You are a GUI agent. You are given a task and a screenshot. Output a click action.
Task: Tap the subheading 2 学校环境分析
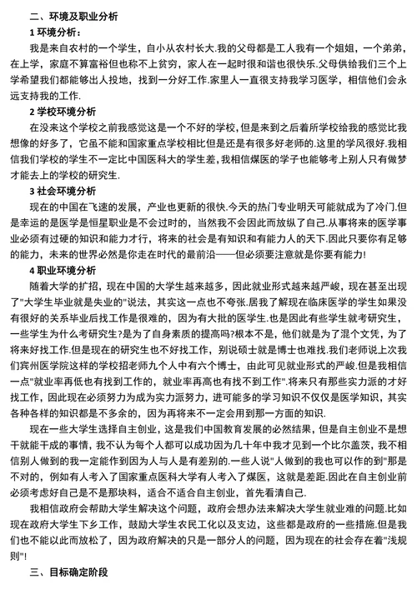(x=62, y=111)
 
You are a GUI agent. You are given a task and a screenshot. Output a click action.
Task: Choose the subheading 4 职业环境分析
(x=62, y=270)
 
